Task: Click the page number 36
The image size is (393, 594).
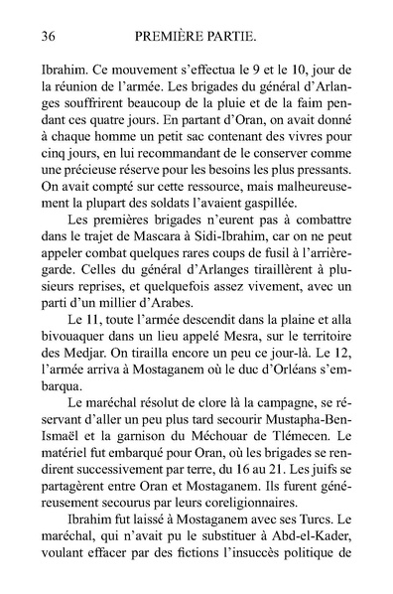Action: click(43, 38)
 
